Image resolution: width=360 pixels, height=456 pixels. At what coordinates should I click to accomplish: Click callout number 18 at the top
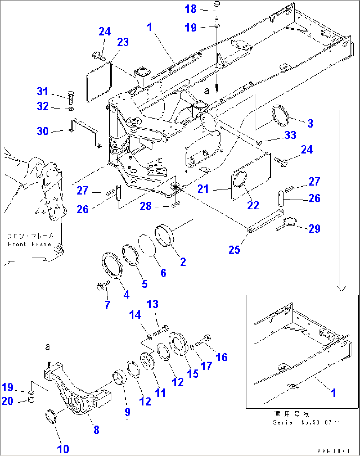click(191, 9)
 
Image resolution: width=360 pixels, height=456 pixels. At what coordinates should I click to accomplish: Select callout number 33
click(290, 135)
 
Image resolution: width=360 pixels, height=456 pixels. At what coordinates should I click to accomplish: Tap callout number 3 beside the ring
click(310, 124)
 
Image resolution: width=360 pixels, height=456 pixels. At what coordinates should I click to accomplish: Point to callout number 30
click(43, 131)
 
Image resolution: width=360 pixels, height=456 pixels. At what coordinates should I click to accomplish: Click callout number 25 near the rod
click(234, 250)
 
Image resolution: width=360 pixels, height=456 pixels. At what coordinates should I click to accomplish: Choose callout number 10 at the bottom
click(63, 449)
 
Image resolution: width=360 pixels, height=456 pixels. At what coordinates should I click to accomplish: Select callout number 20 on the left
click(7, 401)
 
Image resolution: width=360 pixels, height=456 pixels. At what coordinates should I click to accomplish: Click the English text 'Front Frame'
click(29, 244)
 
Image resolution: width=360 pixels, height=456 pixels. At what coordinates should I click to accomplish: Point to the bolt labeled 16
click(202, 340)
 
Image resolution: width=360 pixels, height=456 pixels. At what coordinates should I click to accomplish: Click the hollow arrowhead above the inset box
click(342, 288)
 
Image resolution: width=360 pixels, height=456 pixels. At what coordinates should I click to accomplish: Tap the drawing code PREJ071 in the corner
click(334, 451)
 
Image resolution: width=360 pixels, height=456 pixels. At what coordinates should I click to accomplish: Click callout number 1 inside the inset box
click(333, 393)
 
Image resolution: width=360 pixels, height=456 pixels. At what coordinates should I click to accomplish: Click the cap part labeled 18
click(217, 4)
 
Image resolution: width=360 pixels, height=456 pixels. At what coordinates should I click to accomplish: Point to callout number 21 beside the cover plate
click(203, 189)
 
